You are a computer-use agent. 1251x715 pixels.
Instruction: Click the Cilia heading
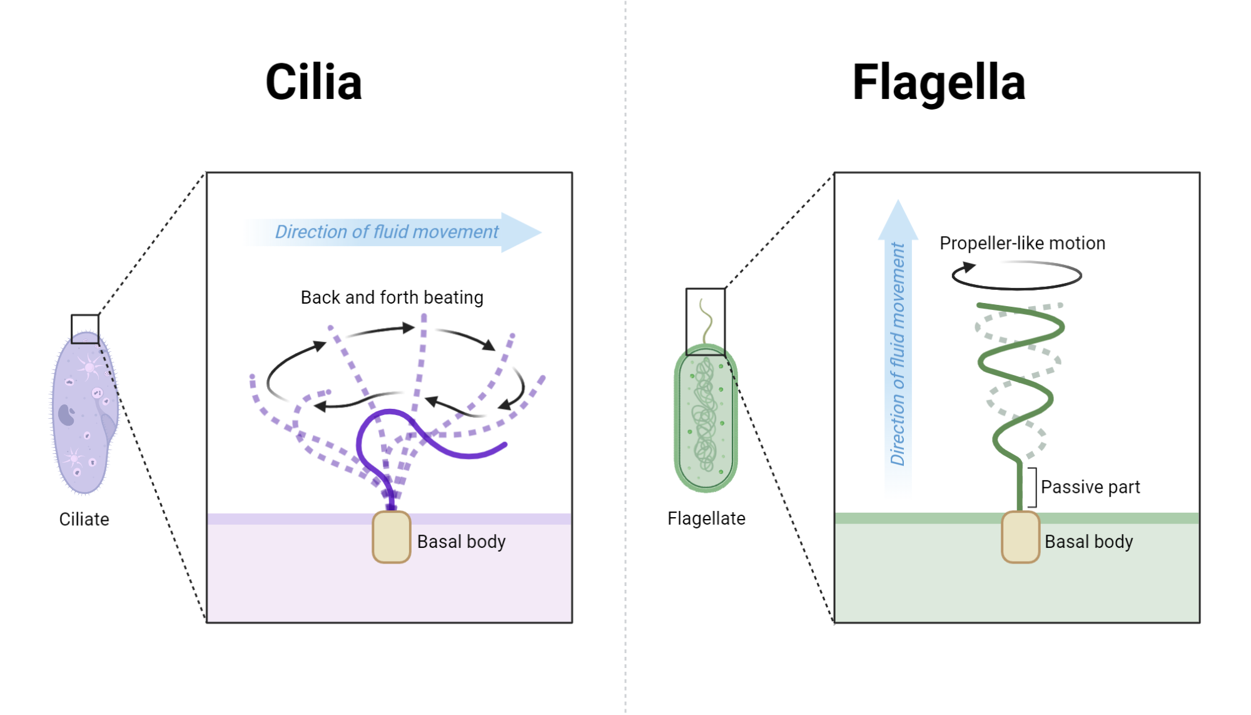313,82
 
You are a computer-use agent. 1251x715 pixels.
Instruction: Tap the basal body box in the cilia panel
392,537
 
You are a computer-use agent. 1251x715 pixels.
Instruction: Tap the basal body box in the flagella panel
1020,537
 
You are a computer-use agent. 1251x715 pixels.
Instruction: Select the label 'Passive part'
1090,486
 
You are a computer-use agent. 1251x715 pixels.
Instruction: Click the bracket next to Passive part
1033,487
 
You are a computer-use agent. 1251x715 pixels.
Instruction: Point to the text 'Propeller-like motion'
1022,243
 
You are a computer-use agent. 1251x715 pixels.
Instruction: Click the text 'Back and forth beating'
392,297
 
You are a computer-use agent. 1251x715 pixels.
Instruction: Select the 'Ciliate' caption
84,519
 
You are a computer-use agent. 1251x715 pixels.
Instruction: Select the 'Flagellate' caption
706,518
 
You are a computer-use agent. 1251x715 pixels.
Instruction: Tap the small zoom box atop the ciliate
85,329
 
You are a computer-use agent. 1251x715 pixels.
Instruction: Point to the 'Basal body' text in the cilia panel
461,542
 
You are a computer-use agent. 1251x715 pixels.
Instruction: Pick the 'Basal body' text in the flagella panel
1088,542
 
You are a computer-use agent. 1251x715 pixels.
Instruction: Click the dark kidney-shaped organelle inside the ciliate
66,414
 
